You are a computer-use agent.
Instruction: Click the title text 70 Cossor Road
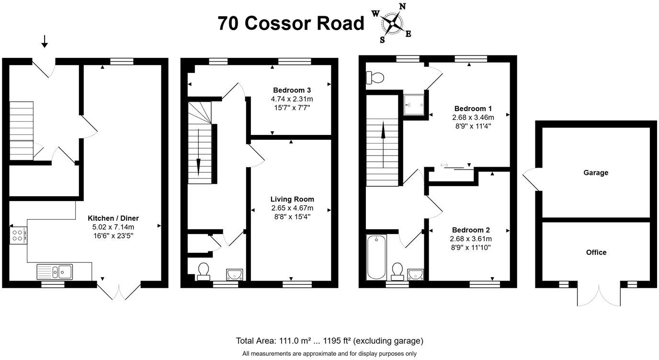click(x=291, y=23)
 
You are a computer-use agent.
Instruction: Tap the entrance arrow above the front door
click(x=45, y=42)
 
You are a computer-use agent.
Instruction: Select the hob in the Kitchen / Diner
click(x=18, y=235)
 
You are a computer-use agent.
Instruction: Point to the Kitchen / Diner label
click(x=114, y=218)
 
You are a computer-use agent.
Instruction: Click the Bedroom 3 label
click(x=292, y=90)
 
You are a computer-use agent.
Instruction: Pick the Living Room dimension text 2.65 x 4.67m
click(x=292, y=208)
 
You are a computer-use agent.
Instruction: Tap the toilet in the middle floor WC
click(x=203, y=271)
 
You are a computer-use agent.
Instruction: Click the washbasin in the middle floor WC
click(x=235, y=274)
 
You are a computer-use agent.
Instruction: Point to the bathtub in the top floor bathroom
click(x=374, y=257)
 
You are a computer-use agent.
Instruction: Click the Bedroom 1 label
click(x=473, y=108)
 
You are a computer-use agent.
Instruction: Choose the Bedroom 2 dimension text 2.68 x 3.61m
click(x=471, y=238)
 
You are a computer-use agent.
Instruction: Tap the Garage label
click(x=596, y=172)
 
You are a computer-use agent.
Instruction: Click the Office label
click(x=596, y=252)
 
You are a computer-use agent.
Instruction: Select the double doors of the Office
click(x=599, y=295)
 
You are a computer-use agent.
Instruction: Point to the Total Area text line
click(x=329, y=341)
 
